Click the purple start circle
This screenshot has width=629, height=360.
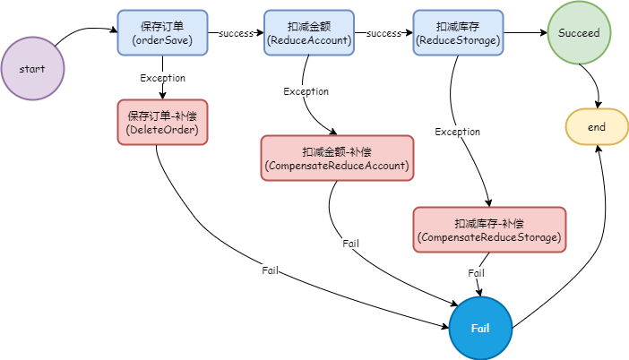tap(32, 69)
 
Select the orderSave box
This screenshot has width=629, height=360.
tap(162, 32)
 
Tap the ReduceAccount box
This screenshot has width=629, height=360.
tap(309, 32)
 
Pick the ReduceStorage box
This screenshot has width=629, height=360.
tap(458, 32)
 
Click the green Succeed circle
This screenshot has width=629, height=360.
tap(579, 32)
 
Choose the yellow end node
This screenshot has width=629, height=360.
tap(597, 126)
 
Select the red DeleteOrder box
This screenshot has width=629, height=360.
tap(162, 123)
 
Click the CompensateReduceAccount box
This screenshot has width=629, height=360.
tap(337, 158)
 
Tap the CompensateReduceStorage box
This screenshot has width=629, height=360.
tap(489, 230)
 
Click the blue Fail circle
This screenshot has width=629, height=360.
tap(480, 329)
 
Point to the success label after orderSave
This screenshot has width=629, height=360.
tap(237, 33)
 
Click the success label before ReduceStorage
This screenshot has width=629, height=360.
tap(383, 33)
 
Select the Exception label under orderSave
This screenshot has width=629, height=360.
tap(162, 78)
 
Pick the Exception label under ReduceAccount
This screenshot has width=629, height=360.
tap(306, 91)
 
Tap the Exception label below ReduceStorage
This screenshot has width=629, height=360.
tap(457, 132)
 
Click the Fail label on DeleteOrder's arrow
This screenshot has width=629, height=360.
tap(270, 270)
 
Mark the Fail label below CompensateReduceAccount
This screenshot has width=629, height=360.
tap(350, 244)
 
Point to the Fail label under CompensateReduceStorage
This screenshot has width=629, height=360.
tap(476, 273)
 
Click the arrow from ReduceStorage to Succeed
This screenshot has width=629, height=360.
tap(525, 32)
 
